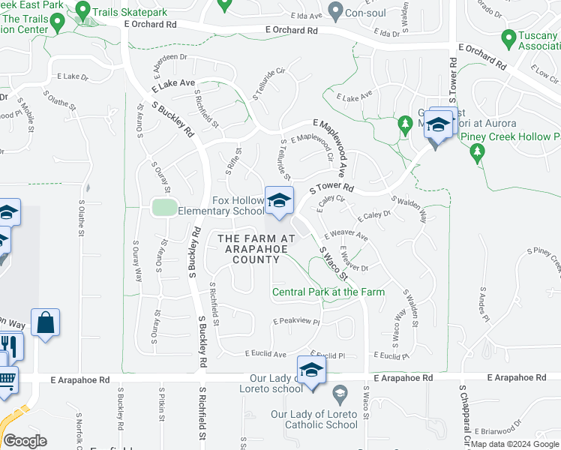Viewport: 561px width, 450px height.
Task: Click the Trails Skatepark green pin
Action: point(82,11)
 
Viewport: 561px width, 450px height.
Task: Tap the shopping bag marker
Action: point(45,322)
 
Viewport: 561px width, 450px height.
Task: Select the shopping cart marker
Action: point(6,379)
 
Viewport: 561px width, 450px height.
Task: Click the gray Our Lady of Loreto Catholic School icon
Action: point(339,394)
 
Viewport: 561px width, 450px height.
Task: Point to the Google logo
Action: point(25,441)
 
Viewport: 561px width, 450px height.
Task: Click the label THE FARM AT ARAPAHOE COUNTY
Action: point(248,249)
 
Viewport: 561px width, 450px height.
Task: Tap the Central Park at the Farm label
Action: point(328,292)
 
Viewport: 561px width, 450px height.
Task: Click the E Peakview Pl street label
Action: point(296,321)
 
